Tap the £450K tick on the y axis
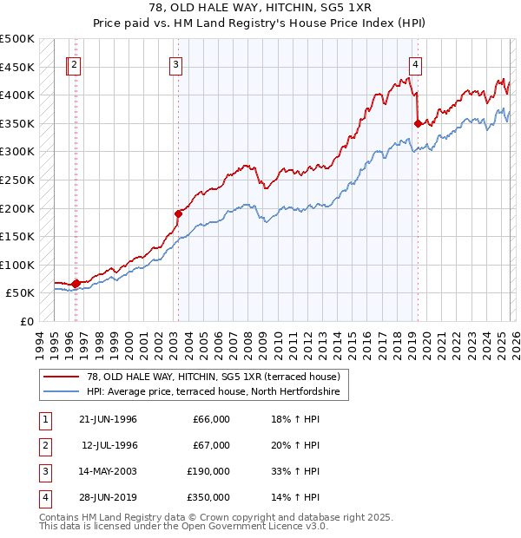point(17,67)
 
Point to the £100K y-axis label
point(17,265)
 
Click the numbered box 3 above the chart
point(176,63)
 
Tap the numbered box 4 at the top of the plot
point(416,63)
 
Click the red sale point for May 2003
point(178,213)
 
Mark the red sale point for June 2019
point(418,123)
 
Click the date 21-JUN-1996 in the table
point(108,419)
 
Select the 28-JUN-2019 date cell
point(108,497)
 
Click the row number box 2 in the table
point(43,445)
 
